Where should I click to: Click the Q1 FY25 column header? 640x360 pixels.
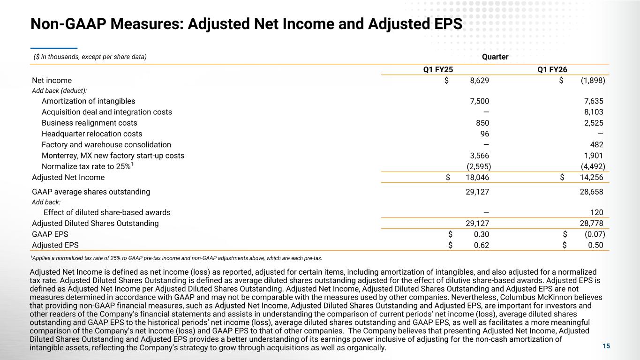[x=438, y=69]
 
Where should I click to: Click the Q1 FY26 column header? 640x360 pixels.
[x=552, y=69]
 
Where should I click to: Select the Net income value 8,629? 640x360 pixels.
[x=479, y=81]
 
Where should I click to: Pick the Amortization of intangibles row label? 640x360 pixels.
[x=88, y=101]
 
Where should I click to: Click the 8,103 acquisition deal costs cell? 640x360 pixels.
[x=594, y=112]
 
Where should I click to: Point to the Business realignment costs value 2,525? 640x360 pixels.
[x=594, y=123]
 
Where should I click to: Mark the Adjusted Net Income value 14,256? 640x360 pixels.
[x=592, y=177]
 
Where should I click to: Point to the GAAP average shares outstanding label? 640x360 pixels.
[x=91, y=192]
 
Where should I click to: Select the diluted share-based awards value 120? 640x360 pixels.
[x=597, y=212]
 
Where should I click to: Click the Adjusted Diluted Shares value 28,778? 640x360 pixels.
[x=592, y=223]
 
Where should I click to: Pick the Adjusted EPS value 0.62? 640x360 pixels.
[x=482, y=245]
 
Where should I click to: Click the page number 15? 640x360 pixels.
[x=606, y=346]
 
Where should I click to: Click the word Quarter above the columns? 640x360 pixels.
[x=495, y=57]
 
